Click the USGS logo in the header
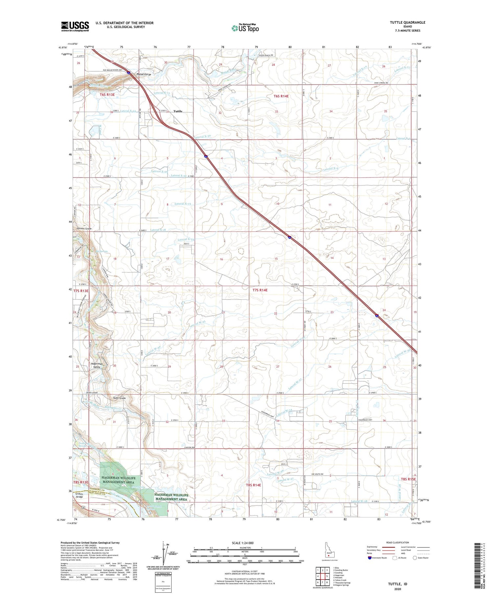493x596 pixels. click(75, 26)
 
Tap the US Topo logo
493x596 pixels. click(245, 28)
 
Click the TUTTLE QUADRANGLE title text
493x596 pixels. click(407, 22)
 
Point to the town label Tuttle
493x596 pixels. click(178, 111)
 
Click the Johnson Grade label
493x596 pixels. click(84, 228)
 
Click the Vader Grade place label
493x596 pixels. click(119, 398)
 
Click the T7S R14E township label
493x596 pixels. click(260, 290)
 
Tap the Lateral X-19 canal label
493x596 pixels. click(183, 204)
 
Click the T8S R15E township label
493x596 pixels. click(408, 479)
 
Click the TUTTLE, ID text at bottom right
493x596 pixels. click(398, 584)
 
